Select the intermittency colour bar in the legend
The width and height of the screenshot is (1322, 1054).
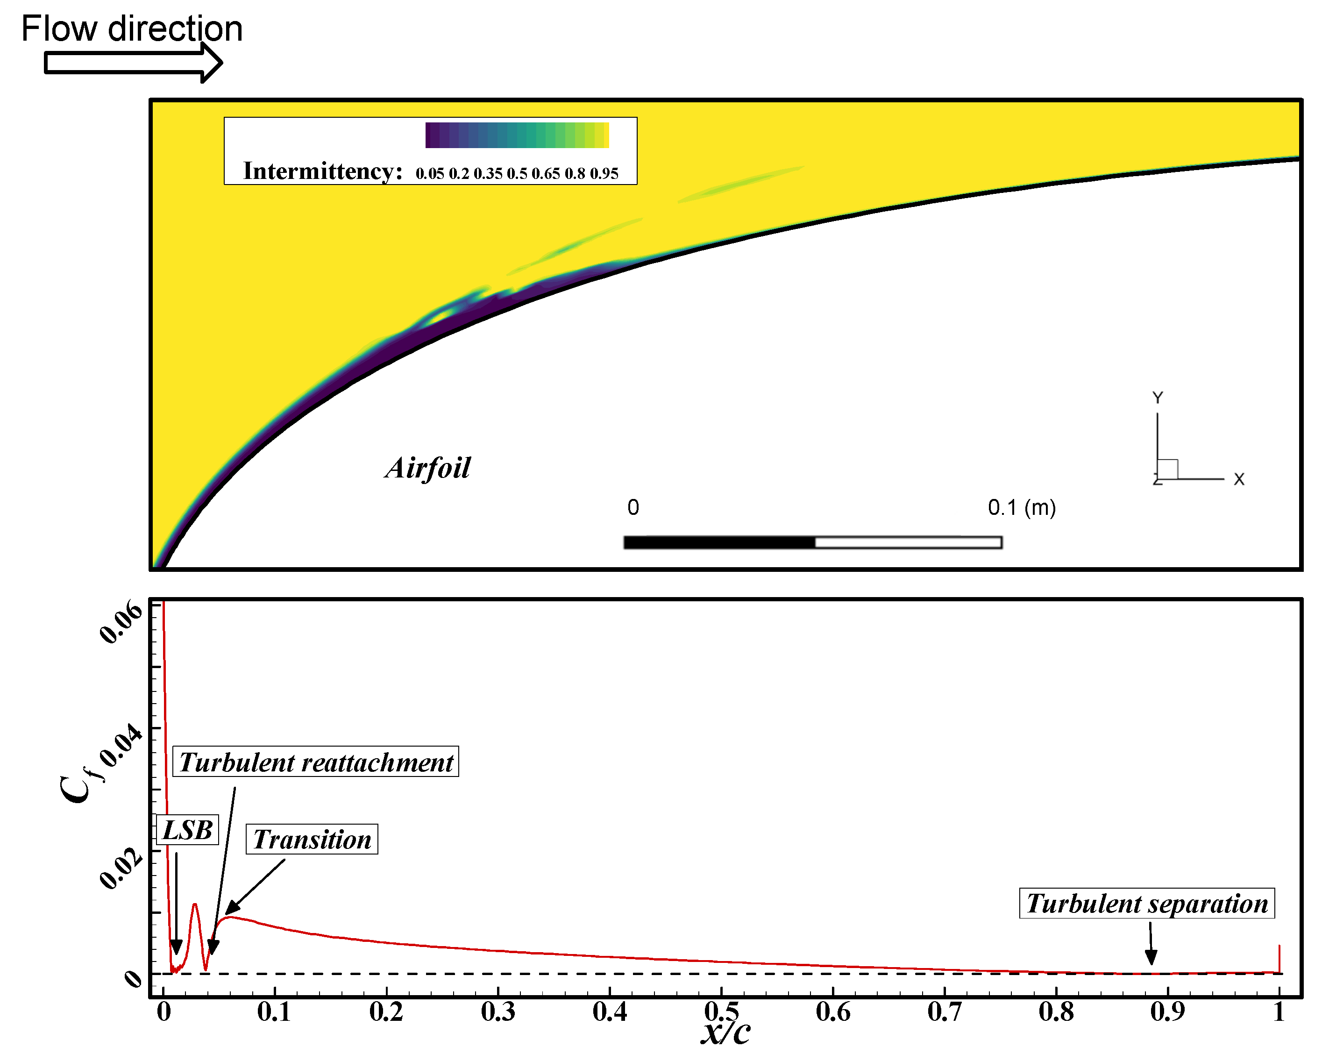(517, 135)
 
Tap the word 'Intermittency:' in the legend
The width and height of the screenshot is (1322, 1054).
(322, 171)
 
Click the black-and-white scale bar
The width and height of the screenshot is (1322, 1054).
(812, 542)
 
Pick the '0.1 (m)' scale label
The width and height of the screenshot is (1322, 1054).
(1022, 508)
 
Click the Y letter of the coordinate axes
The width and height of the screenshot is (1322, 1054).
(1157, 398)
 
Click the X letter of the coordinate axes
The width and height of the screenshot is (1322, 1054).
(1238, 479)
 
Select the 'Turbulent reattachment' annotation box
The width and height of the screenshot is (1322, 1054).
(316, 762)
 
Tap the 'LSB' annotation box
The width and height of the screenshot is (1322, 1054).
(188, 830)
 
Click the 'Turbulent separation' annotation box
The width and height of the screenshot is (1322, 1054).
(1147, 904)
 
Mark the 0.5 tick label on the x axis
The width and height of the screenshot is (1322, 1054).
(721, 1011)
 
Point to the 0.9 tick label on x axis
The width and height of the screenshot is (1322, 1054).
(1167, 1011)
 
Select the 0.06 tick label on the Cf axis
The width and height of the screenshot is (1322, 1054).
(121, 622)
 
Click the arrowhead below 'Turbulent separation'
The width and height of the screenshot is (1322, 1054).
(1151, 957)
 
